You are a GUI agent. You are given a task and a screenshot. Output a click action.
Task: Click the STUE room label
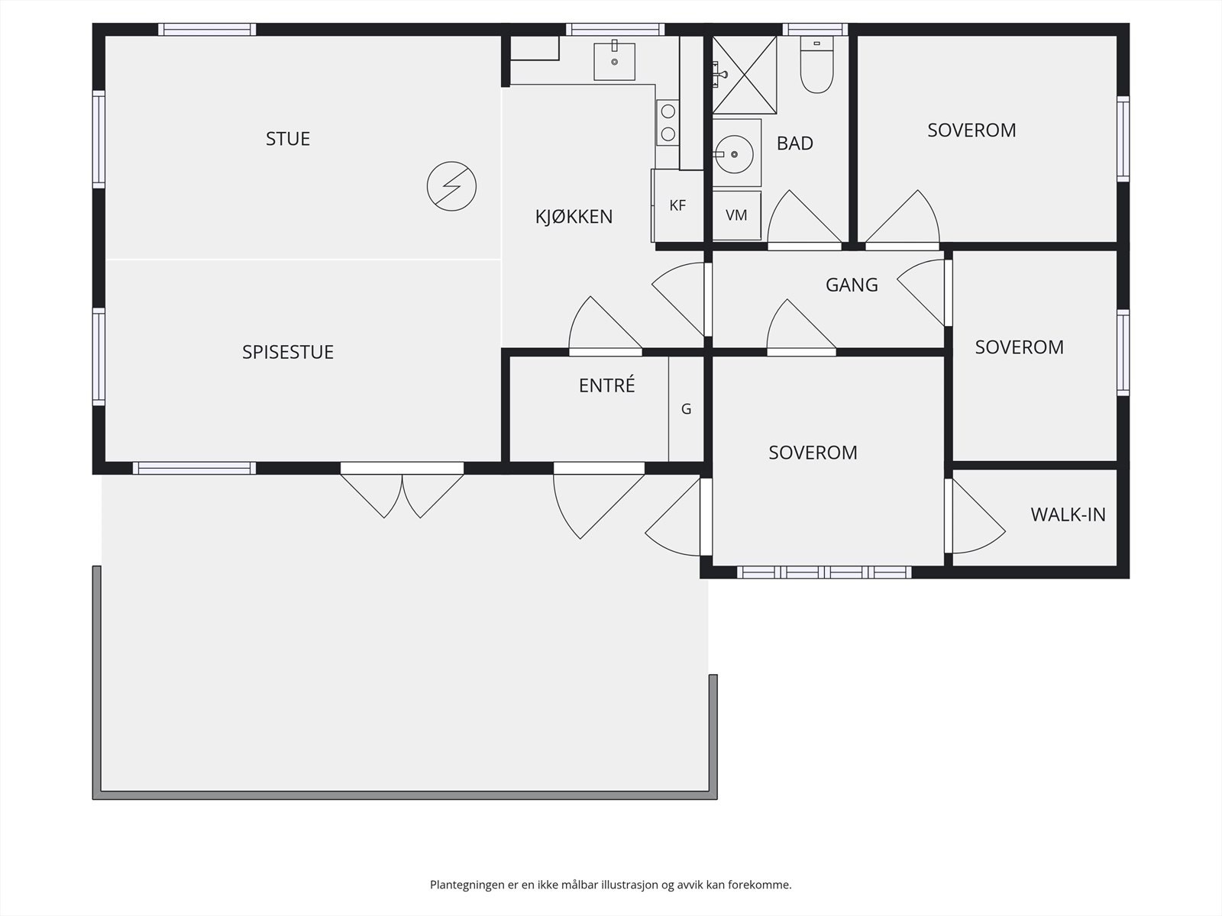[x=288, y=138]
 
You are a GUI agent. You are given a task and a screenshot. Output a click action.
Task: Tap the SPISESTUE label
[x=288, y=352]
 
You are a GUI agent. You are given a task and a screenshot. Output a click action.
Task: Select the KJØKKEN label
[x=574, y=216]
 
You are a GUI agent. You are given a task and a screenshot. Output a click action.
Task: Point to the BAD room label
[x=795, y=144]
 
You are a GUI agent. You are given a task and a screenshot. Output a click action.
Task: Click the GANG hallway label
[x=852, y=285]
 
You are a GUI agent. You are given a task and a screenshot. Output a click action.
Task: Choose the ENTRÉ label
[x=607, y=385]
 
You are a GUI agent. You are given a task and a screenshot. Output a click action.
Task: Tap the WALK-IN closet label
[x=1068, y=515]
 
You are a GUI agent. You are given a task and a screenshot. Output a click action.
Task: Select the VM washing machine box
[x=736, y=216]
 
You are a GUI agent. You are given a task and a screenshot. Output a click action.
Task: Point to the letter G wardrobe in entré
[x=687, y=409]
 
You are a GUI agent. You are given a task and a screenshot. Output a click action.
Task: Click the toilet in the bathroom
[x=816, y=65]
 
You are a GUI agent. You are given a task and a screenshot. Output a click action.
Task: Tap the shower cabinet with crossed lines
[x=745, y=75]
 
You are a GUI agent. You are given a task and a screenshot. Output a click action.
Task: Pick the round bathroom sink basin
[x=734, y=154]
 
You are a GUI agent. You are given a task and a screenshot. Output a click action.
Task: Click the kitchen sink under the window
[x=615, y=61]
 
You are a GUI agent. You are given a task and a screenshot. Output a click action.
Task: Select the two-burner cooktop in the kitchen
[x=668, y=123]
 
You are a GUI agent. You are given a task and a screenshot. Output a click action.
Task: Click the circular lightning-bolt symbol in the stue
[x=451, y=186]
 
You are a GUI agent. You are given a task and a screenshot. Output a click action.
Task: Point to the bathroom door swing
[x=804, y=220]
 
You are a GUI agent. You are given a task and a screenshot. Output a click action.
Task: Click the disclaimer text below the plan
[x=611, y=884]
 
